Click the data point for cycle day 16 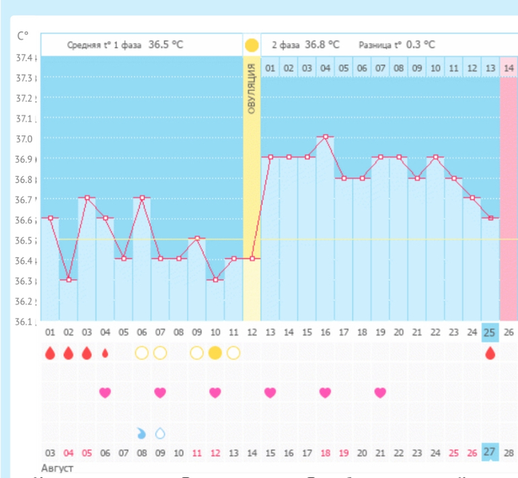[x=326, y=137]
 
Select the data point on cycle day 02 [x=69, y=279]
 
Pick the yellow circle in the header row [x=252, y=46]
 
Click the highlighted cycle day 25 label [x=490, y=332]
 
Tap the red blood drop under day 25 [x=490, y=353]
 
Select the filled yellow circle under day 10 [x=215, y=353]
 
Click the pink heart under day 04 [x=105, y=392]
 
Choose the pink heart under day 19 [x=380, y=392]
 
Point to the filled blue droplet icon [x=141, y=433]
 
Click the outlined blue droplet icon [x=160, y=433]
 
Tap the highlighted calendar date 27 [x=490, y=452]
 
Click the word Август [x=59, y=468]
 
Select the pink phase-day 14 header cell [x=509, y=68]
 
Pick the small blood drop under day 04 [x=105, y=353]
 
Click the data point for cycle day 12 [x=252, y=259]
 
